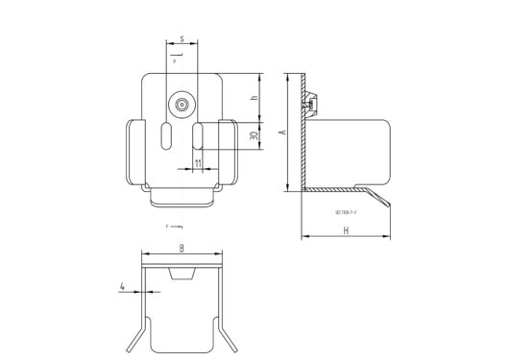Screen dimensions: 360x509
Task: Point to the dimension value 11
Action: [x=197, y=164]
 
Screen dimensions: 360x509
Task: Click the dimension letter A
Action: [x=280, y=133]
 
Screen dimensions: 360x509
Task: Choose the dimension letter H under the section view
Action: [x=344, y=231]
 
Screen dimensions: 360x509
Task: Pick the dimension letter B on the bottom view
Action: [x=182, y=249]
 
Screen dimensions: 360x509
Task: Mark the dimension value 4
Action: [x=123, y=286]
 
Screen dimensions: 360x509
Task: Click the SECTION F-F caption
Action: [x=345, y=211]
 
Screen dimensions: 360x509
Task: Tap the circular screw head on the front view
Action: [x=182, y=104]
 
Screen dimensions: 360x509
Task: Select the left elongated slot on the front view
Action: [x=167, y=135]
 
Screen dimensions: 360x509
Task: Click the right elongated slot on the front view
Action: [x=197, y=135]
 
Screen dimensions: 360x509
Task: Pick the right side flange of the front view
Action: [x=230, y=152]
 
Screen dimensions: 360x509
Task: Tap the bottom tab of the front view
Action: [x=182, y=198]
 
